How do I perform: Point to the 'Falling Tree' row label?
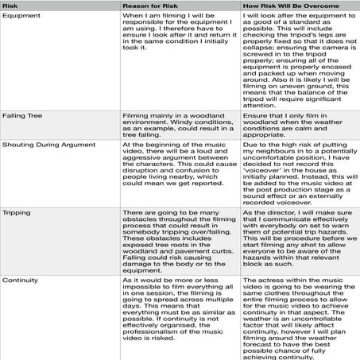27,116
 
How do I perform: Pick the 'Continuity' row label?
24,281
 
